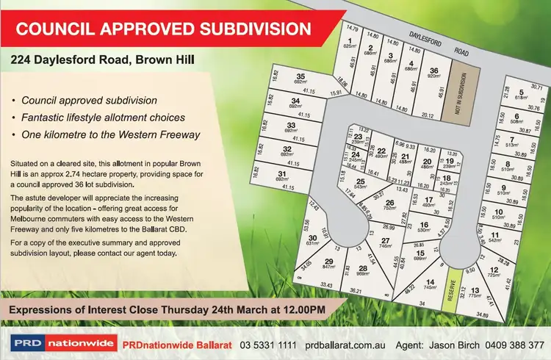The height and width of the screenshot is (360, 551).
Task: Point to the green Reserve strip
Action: pos(455,292)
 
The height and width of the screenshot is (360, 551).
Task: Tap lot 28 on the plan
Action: pos(362,270)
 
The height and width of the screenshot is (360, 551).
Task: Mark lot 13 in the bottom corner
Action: pos(475,293)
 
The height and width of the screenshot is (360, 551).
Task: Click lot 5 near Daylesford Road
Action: pos(521,94)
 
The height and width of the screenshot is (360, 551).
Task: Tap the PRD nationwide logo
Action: pos(62,343)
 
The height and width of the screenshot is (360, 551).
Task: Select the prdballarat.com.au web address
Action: pos(347,344)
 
